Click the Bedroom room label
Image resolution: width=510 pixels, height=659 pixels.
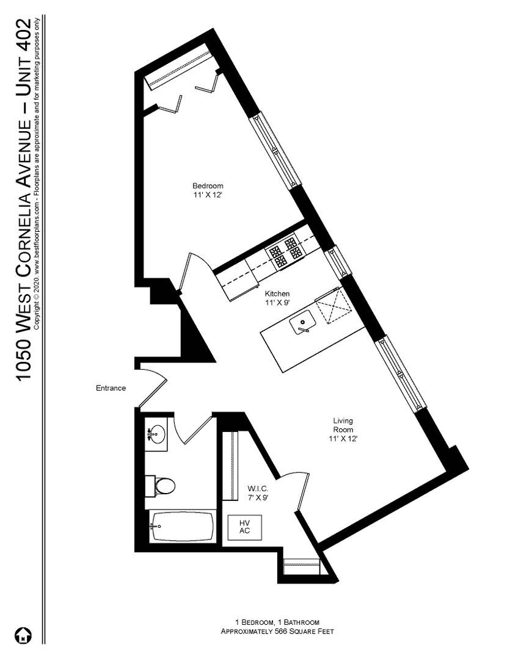208,186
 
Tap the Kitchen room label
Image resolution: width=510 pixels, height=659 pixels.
277,293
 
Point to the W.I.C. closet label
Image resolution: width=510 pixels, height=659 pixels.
257,489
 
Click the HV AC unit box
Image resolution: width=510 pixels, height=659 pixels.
244,527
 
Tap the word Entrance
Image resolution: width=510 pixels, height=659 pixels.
111,388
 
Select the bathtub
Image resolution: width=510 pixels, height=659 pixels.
183,526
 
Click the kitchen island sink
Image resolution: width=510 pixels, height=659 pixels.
302,321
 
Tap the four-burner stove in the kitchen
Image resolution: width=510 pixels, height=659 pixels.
285,253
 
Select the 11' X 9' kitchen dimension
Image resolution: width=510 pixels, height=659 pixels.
277,303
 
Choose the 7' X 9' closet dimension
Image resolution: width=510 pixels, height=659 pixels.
257,498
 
